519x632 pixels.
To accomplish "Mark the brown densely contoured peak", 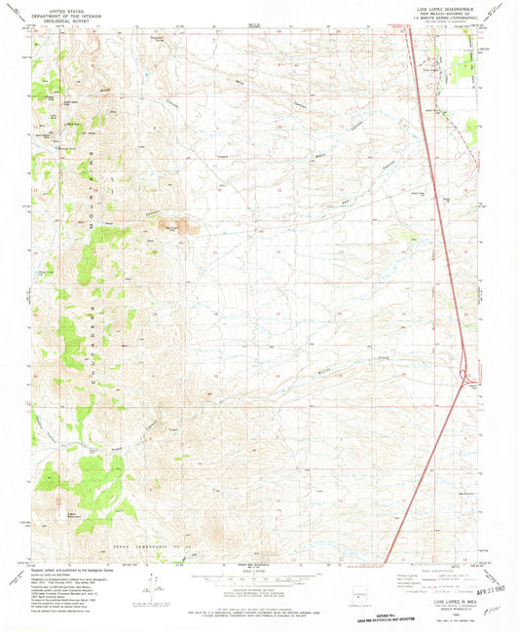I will click(176, 225).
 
